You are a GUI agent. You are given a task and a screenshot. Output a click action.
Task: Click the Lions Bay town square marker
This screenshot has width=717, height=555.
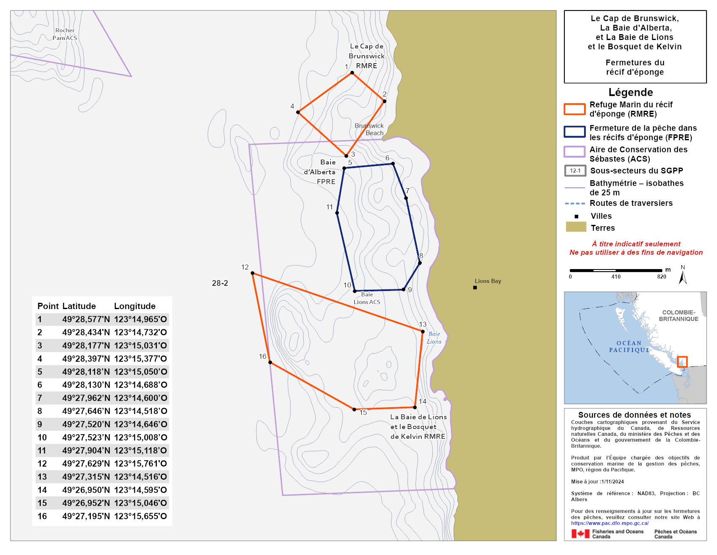pyautogui.click(x=475, y=288)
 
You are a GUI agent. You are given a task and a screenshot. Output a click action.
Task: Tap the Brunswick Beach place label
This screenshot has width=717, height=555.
pyautogui.click(x=369, y=129)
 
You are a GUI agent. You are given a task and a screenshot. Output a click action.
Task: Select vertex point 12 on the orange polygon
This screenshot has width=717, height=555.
pyautogui.click(x=252, y=273)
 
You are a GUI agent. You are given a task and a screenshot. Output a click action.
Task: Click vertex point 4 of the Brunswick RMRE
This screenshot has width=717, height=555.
pyautogui.click(x=298, y=112)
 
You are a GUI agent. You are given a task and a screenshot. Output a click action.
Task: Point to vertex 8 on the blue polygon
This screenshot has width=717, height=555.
pyautogui.click(x=420, y=263)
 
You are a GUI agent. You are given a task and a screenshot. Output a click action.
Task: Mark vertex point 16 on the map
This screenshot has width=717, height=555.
pyautogui.click(x=270, y=362)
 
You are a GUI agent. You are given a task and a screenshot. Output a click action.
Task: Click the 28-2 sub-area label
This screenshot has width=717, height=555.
pyautogui.click(x=220, y=283)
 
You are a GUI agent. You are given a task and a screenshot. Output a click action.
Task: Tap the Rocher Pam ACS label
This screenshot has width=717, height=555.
pyautogui.click(x=65, y=34)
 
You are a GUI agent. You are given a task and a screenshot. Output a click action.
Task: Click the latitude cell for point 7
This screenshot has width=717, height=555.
pyautogui.click(x=86, y=398)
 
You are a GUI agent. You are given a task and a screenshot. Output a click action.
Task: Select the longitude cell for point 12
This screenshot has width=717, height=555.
pyautogui.click(x=140, y=464)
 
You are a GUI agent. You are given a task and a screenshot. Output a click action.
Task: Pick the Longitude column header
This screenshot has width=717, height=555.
pyautogui.click(x=135, y=306)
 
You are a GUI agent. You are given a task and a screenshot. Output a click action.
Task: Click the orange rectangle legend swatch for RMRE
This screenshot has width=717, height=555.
pyautogui.click(x=574, y=109)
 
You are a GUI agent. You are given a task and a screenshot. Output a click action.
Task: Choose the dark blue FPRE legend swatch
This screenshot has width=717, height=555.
pyautogui.click(x=574, y=132)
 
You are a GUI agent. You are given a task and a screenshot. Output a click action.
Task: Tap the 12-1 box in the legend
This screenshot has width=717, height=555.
pyautogui.click(x=575, y=171)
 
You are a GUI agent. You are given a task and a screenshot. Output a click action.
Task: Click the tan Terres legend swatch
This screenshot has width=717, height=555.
pyautogui.click(x=576, y=227)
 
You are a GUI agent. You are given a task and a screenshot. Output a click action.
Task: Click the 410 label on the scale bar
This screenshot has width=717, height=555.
pyautogui.click(x=616, y=277)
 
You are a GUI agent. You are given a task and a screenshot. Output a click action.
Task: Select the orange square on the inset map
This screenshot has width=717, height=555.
pyautogui.click(x=682, y=361)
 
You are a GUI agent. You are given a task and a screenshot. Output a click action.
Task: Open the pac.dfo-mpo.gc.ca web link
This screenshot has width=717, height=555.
pyautogui.click(x=609, y=523)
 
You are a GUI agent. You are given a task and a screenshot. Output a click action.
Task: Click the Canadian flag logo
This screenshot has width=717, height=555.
pyautogui.click(x=580, y=534)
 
